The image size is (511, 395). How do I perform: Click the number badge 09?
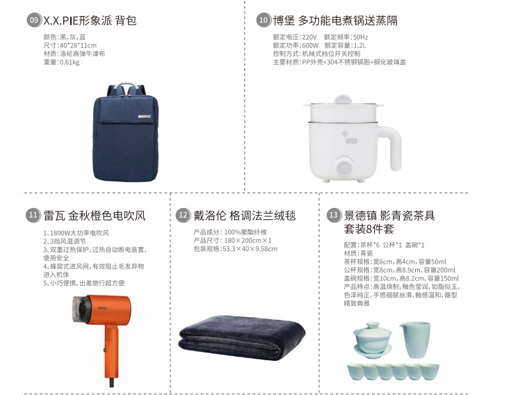pyautogui.click(x=33, y=20)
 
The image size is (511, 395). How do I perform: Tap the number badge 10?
pyautogui.click(x=263, y=20)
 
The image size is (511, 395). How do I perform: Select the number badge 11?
pyautogui.click(x=33, y=215)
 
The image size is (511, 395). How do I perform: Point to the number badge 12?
pyautogui.click(x=183, y=215)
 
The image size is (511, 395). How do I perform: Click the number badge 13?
pyautogui.click(x=334, y=215)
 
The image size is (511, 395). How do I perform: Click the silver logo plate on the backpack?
pyautogui.click(x=145, y=116)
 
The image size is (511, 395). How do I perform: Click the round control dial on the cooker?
pyautogui.click(x=344, y=168)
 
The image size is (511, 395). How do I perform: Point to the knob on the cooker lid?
pyautogui.click(x=342, y=99)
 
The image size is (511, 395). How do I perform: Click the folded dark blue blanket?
pyautogui.click(x=242, y=338)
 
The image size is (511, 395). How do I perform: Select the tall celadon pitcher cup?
pyautogui.click(x=415, y=339)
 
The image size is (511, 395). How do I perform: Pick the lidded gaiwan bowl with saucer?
pyautogui.click(x=372, y=340)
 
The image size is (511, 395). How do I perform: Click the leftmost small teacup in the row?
pyautogui.click(x=355, y=372)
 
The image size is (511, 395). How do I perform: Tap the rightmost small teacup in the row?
pyautogui.click(x=430, y=372)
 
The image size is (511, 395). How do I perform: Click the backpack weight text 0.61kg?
pyautogui.click(x=70, y=63)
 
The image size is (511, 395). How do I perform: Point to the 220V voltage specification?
pyautogui.click(x=309, y=37)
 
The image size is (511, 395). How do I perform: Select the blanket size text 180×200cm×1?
pyautogui.click(x=248, y=241)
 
